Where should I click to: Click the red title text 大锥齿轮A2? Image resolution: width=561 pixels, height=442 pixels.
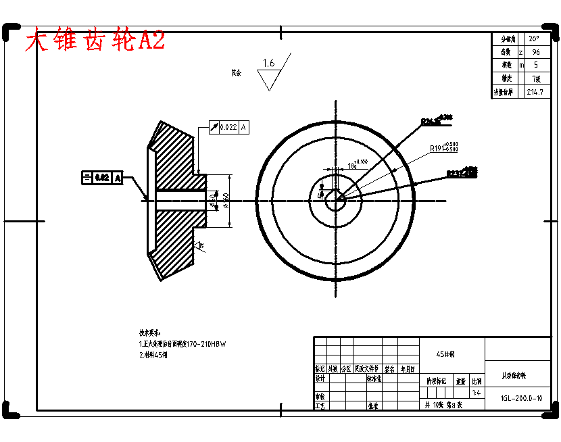[x=95, y=41]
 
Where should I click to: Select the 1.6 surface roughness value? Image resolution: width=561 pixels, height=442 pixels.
[x=268, y=64]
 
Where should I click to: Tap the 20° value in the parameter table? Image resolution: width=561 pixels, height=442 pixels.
[x=534, y=39]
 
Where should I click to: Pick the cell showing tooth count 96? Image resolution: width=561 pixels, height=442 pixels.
[x=535, y=52]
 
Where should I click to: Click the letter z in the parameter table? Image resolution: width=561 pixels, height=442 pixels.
[x=520, y=52]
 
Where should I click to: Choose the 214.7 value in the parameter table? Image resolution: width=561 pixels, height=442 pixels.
[x=538, y=92]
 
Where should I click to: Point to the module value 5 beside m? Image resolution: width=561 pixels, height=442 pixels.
[x=536, y=66]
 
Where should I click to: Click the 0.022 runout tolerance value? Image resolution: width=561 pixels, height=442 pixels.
[x=228, y=127]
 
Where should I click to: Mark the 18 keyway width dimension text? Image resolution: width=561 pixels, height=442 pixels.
[x=353, y=164]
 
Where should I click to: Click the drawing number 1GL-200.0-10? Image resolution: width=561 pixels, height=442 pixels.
[x=521, y=398]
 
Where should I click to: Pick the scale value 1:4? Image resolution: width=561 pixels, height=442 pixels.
[x=477, y=393]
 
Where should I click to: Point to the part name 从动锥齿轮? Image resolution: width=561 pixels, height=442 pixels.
[x=518, y=375]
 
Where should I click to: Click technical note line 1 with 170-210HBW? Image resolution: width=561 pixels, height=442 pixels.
[x=182, y=344]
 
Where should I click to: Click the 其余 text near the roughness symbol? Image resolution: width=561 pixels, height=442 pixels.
[x=236, y=71]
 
